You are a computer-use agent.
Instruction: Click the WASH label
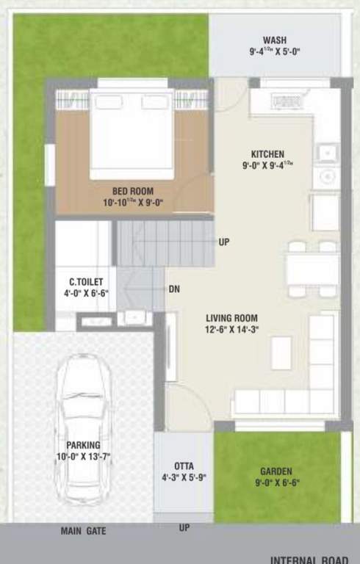(275, 40)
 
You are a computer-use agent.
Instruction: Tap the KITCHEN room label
(267, 154)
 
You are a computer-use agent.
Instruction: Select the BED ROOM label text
(133, 192)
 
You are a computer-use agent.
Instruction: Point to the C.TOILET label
(86, 282)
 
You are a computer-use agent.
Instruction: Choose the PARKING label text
(84, 445)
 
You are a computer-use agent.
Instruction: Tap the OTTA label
(184, 466)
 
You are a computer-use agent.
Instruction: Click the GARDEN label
(276, 471)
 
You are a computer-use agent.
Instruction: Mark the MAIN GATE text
(83, 530)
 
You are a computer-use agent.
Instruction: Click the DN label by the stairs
(174, 289)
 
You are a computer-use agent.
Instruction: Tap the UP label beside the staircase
(224, 241)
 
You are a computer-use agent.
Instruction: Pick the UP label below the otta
(184, 527)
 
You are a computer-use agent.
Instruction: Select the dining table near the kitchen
(312, 268)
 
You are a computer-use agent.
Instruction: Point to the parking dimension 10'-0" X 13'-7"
(84, 456)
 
